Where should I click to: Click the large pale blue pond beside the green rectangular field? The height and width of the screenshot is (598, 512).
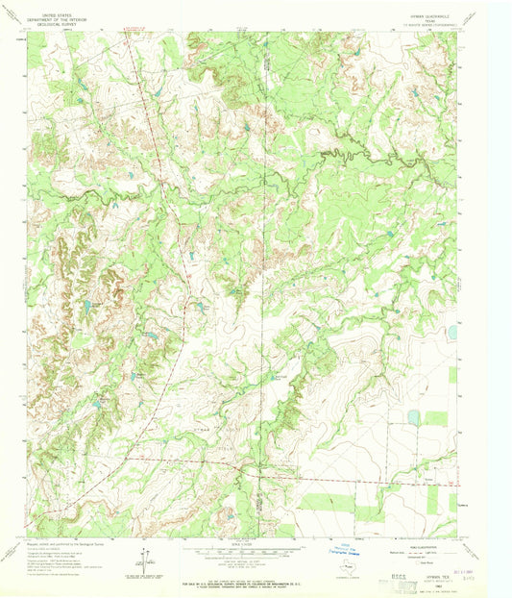414,417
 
